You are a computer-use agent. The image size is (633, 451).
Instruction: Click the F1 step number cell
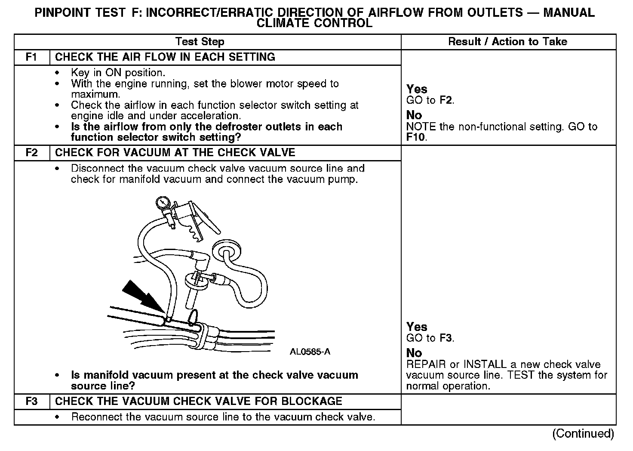[32, 57]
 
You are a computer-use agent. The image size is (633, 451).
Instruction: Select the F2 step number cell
[32, 153]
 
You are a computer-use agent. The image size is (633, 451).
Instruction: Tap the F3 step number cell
[32, 402]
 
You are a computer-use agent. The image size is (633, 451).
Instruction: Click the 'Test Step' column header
[200, 42]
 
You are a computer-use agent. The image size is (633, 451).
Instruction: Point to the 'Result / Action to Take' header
[507, 42]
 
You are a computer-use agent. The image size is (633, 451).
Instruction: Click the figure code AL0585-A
[310, 352]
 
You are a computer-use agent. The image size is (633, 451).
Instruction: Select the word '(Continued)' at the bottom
[584, 434]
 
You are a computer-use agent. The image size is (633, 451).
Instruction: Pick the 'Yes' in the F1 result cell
[417, 89]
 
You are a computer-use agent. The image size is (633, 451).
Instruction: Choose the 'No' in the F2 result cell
[414, 353]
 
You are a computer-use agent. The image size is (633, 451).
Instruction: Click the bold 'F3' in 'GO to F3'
[446, 338]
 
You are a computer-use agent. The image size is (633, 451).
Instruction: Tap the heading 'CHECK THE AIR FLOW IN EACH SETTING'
[165, 57]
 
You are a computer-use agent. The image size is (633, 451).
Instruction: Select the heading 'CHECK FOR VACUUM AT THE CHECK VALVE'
[175, 153]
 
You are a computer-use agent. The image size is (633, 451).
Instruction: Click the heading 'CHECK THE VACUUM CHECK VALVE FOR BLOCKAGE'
[199, 402]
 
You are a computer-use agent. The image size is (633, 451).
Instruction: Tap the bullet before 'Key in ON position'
[57, 73]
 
